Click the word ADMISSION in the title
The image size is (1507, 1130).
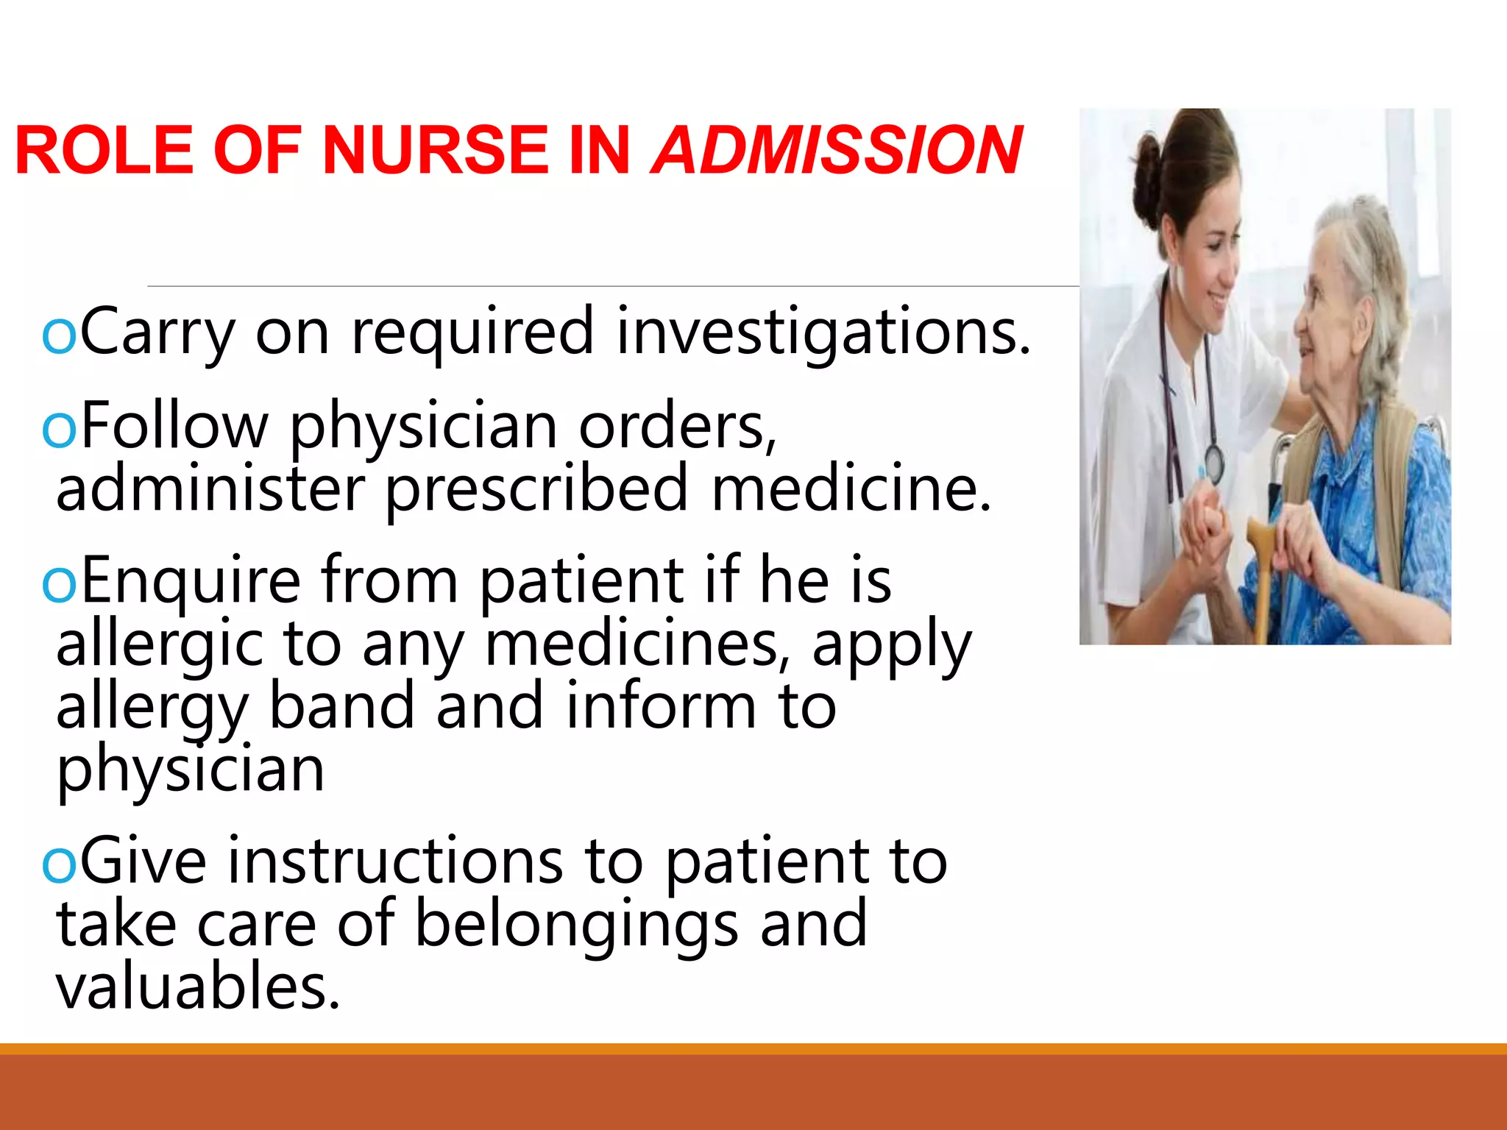pos(836,150)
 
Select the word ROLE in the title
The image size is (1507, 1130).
pos(104,150)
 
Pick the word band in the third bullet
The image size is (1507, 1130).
pos(342,706)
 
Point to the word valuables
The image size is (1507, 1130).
pos(198,987)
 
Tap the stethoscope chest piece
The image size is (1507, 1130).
pos(1213,463)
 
